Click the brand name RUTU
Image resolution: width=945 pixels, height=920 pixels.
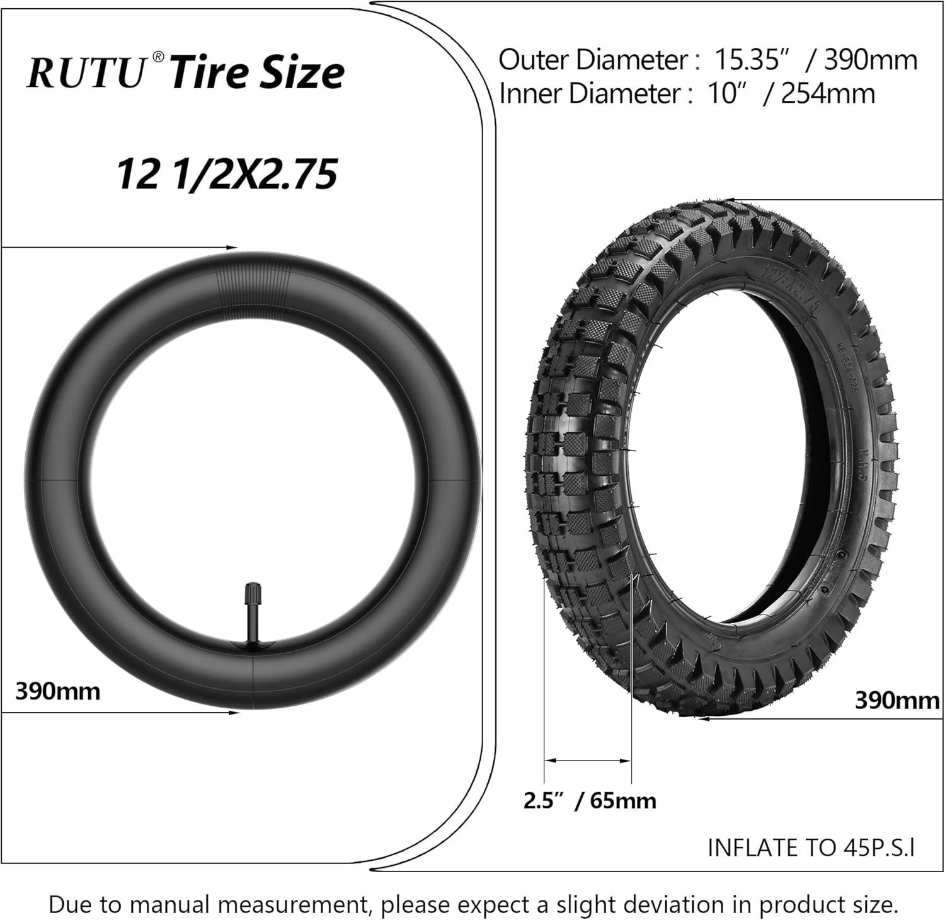pyautogui.click(x=87, y=73)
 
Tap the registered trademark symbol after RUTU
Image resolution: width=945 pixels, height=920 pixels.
pyautogui.click(x=158, y=57)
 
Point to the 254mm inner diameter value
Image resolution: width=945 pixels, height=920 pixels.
pyautogui.click(x=828, y=94)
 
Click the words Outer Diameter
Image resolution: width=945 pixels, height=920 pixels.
pyautogui.click(x=593, y=60)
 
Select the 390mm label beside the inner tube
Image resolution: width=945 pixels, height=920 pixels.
pyautogui.click(x=57, y=691)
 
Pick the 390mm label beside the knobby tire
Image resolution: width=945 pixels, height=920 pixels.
pyautogui.click(x=896, y=700)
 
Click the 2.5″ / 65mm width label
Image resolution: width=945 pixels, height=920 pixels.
pyautogui.click(x=590, y=800)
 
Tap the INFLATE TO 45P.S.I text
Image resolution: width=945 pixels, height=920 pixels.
pyautogui.click(x=811, y=848)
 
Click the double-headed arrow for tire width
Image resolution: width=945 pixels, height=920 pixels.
pyautogui.click(x=587, y=761)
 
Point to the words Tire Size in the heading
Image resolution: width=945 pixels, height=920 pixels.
pyautogui.click(x=257, y=73)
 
